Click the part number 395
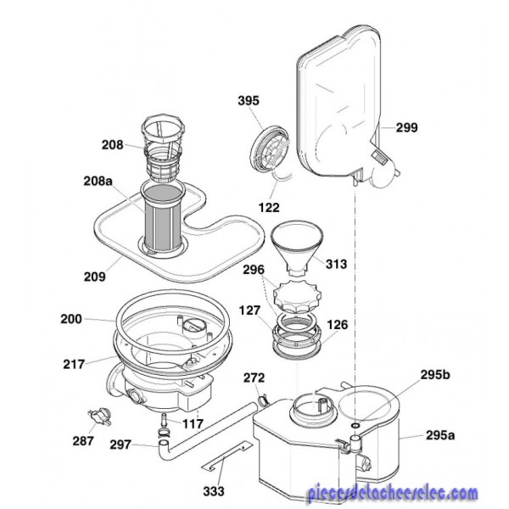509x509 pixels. point(249,101)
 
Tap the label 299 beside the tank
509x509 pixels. point(406,127)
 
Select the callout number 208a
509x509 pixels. point(98,181)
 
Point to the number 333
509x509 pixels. point(214,491)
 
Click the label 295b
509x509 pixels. point(435,375)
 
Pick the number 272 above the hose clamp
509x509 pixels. point(255,378)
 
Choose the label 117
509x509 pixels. point(193,423)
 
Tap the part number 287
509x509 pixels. point(83,441)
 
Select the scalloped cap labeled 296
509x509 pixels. point(298,296)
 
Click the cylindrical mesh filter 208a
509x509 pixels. point(162,220)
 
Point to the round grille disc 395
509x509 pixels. point(270,148)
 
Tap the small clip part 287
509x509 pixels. point(99,416)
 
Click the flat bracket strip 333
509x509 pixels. point(226,456)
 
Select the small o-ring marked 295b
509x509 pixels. point(355,425)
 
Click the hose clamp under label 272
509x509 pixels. point(264,399)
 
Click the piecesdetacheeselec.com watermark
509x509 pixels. point(392,494)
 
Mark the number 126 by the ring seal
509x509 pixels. point(337,325)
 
